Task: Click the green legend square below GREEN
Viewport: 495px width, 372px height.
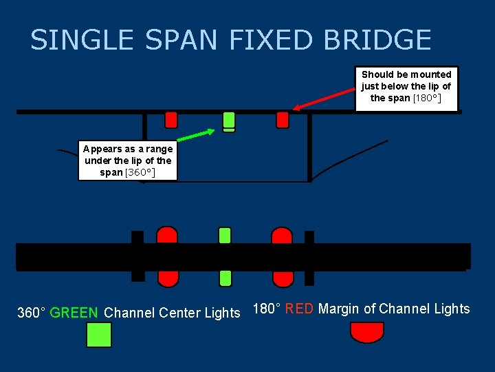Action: (98, 335)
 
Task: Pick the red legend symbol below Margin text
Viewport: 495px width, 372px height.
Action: (366, 331)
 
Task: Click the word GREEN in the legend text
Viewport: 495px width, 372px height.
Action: (74, 313)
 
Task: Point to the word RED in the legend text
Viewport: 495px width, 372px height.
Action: (299, 309)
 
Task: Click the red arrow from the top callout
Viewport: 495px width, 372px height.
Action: (326, 98)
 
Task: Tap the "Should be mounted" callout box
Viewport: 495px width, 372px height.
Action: (406, 87)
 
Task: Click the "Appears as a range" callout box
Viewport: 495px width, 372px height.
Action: (128, 161)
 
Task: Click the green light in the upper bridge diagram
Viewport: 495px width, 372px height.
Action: (229, 121)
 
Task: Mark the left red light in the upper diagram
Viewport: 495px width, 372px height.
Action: (171, 120)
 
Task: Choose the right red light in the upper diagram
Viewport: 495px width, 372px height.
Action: (283, 120)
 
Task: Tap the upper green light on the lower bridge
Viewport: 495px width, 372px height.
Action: (225, 236)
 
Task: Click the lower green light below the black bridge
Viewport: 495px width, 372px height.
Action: (225, 278)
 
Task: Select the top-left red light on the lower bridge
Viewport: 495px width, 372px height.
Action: (167, 236)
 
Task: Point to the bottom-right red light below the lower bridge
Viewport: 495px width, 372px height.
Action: (283, 278)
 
